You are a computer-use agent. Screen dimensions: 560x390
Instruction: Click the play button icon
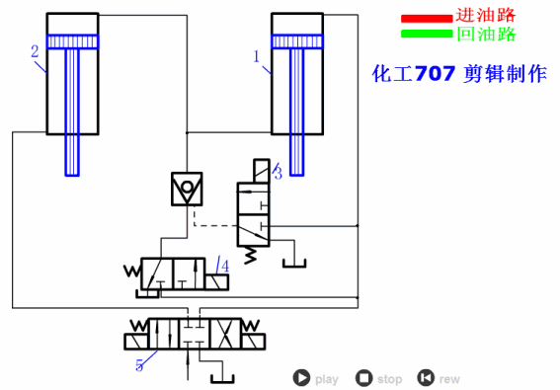coord(301,377)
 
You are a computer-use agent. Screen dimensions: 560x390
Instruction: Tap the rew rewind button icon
coord(426,377)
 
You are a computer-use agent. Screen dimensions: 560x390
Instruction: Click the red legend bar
coord(427,18)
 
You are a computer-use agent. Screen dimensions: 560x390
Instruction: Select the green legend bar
coord(427,34)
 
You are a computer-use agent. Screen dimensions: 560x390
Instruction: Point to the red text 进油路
coord(486,16)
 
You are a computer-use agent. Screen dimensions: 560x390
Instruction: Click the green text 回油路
coord(487,35)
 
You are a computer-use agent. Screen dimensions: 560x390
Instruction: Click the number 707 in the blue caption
coord(435,74)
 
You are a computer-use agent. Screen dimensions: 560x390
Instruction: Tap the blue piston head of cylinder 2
coord(72,41)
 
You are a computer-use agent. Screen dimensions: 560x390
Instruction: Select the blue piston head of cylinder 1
coord(297,41)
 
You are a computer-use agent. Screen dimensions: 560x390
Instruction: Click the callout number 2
coord(35,51)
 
